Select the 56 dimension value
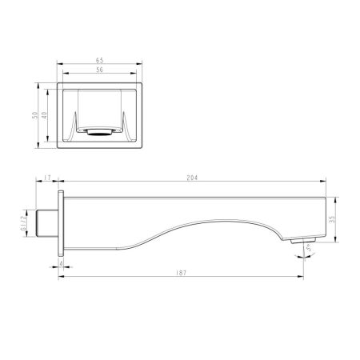[x=100, y=70]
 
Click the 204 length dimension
[x=191, y=178]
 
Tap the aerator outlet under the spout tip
[x=301, y=240]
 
